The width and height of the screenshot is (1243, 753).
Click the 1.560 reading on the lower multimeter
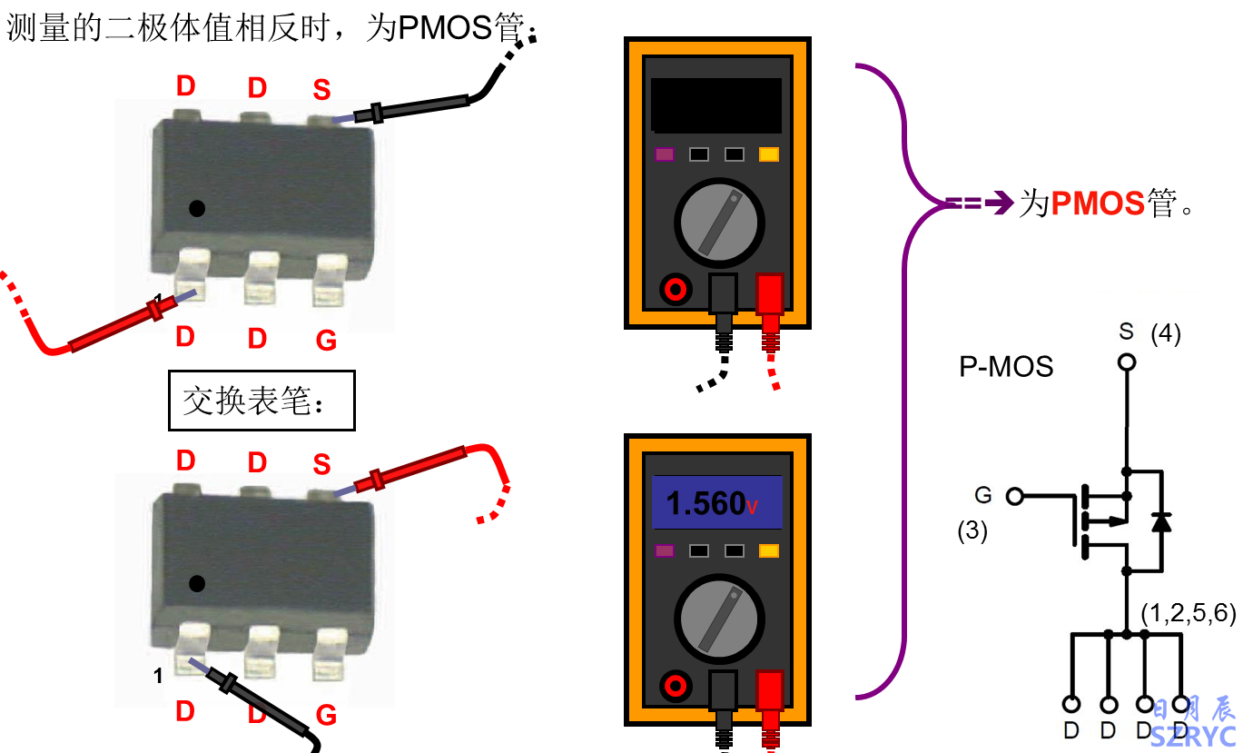point(706,503)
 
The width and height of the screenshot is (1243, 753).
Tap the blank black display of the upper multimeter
point(716,104)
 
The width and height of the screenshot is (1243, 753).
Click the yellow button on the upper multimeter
point(768,154)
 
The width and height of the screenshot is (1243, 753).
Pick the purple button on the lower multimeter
point(665,550)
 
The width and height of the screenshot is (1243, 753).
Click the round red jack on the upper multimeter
point(676,290)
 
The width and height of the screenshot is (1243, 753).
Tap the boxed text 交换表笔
point(261,400)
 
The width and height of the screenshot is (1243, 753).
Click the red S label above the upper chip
point(321,89)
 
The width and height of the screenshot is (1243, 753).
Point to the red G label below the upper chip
point(326,341)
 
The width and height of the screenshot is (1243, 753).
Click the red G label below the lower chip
point(326,716)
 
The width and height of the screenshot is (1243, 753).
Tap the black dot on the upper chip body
point(196,208)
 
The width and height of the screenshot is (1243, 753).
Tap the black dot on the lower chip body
point(196,583)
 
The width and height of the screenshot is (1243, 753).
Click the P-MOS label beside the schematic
point(1006,367)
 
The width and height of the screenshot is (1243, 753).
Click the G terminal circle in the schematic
point(1014,496)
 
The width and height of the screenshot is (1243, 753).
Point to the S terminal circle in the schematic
point(1127,362)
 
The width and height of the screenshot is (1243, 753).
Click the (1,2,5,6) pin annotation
point(1189,613)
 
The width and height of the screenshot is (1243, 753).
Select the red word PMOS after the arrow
point(1098,203)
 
